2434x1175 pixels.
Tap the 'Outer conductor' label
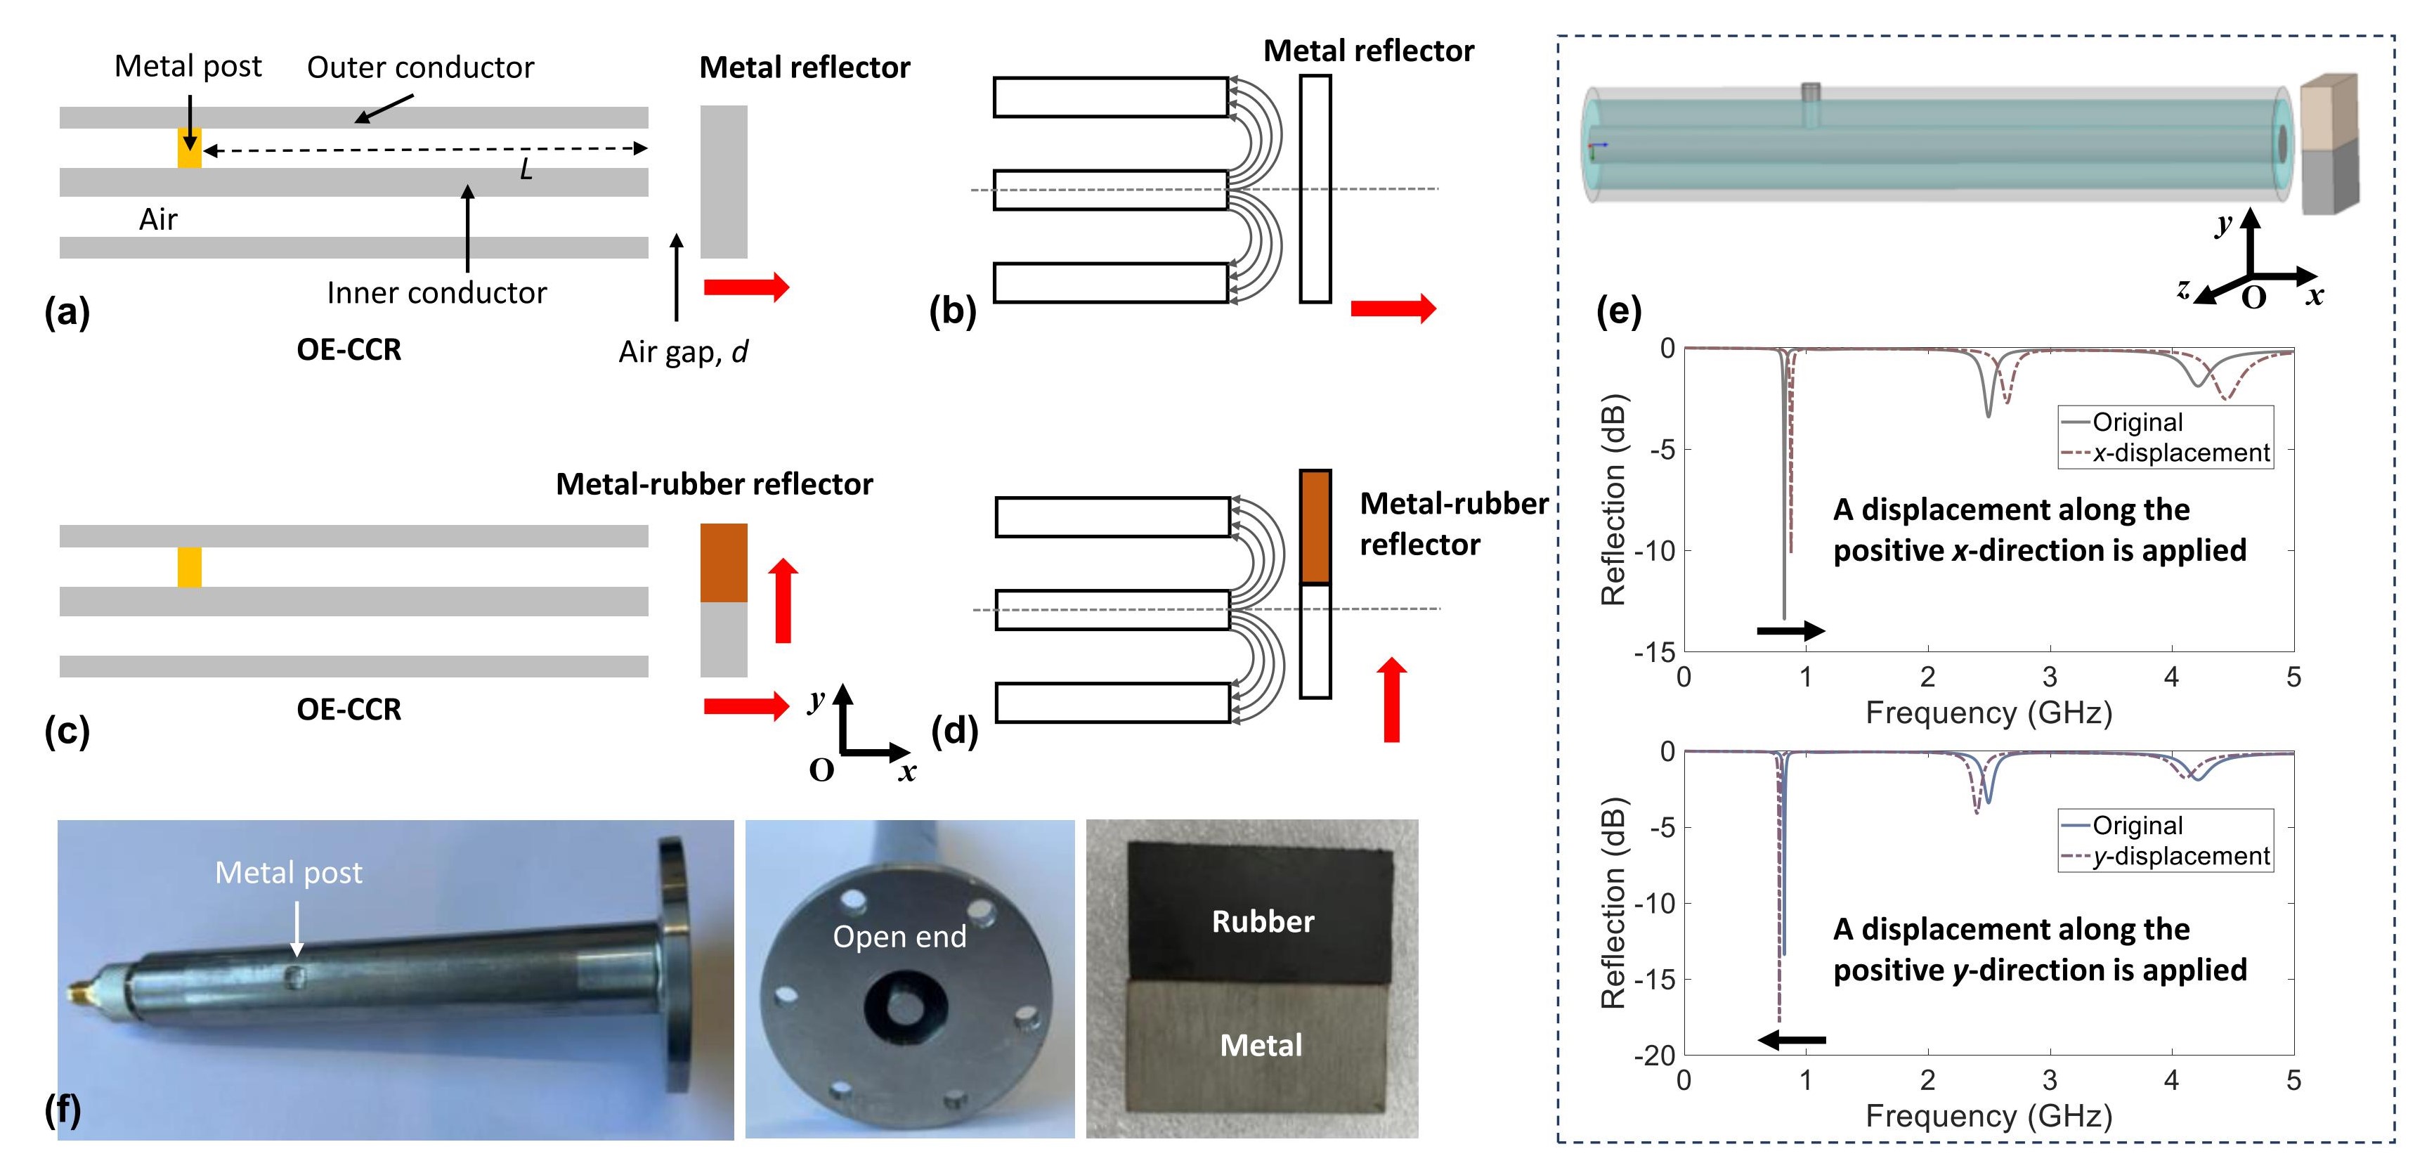pyautogui.click(x=420, y=67)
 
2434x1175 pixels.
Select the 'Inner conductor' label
pyautogui.click(x=436, y=293)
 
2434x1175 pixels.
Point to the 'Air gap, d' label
pyautogui.click(x=683, y=351)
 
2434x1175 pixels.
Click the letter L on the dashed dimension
pyautogui.click(x=526, y=170)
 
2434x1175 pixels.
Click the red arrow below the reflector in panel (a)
pyautogui.click(x=746, y=287)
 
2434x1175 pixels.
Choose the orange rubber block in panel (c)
pyautogui.click(x=724, y=562)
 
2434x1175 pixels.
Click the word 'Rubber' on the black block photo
pyautogui.click(x=1263, y=922)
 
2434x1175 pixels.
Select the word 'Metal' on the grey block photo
pyautogui.click(x=1261, y=1046)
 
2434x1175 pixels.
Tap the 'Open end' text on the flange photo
pyautogui.click(x=899, y=937)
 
